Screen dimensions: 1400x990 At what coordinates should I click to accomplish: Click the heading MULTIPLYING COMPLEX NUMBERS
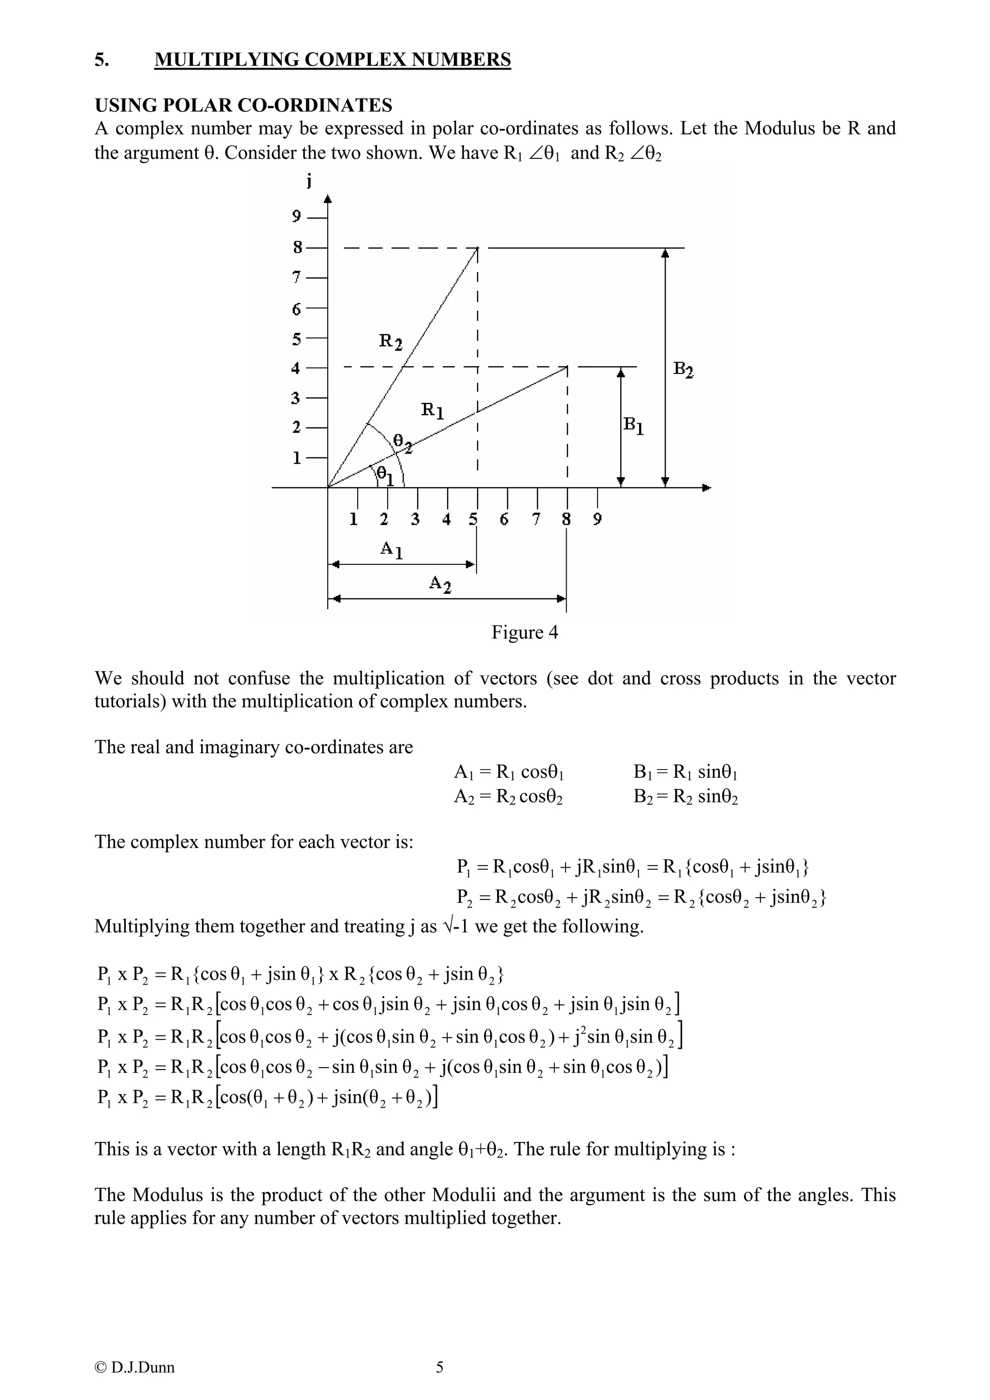click(x=333, y=60)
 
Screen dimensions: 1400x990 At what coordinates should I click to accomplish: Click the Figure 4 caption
click(x=524, y=632)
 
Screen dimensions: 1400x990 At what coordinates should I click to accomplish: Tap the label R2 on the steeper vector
click(x=391, y=341)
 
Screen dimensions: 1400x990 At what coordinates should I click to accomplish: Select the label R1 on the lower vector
click(x=433, y=410)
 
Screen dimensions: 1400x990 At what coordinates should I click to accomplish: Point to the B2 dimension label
click(x=683, y=370)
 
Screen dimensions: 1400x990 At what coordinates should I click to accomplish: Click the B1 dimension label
click(x=633, y=425)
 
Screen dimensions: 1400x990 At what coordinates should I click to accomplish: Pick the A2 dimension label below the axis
click(x=440, y=584)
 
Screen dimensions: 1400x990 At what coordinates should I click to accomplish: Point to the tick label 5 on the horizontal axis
click(x=474, y=519)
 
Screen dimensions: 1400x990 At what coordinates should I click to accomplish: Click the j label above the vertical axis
click(x=310, y=181)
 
